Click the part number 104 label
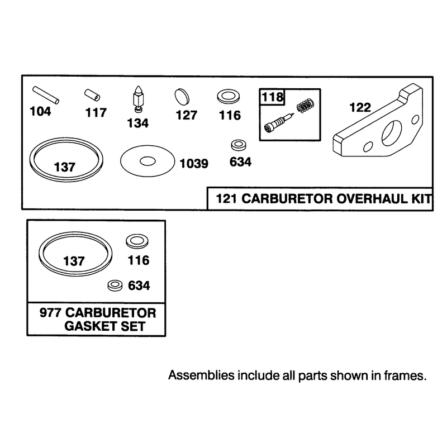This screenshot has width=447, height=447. pos(40,111)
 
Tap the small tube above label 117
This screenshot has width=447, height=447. pos(92,95)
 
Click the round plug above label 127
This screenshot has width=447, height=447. pos(182,96)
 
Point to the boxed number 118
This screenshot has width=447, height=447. pos(273,97)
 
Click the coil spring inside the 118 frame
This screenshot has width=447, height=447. pos(306,105)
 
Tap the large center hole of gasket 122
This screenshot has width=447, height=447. pos(392,132)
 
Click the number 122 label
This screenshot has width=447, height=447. pos(360,107)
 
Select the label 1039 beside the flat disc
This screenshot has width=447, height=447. pos(194,164)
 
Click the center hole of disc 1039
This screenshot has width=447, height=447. pos(148,161)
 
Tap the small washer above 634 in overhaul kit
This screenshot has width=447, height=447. pos(239,145)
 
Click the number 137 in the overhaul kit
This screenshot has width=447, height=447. pos(65,167)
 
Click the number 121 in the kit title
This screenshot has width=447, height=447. pos(227,198)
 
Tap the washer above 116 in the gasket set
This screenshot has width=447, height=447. pos(137,241)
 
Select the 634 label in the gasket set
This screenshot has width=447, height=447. pos(139,286)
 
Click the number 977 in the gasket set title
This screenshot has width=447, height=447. pos(50,313)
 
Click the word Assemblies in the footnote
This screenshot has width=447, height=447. pos(201,375)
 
